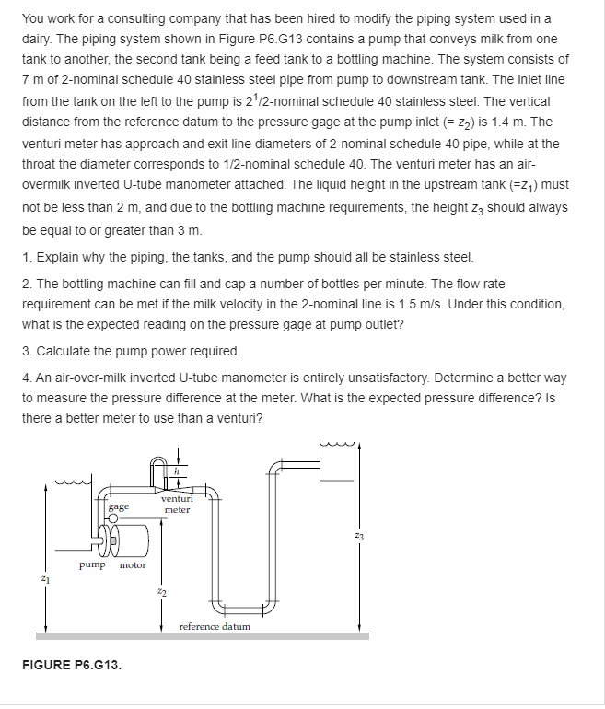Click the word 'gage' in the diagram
tap(118, 506)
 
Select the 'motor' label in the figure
tap(132, 565)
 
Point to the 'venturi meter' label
tap(176, 504)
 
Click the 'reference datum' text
tap(215, 626)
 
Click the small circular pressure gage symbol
tap(112, 519)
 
